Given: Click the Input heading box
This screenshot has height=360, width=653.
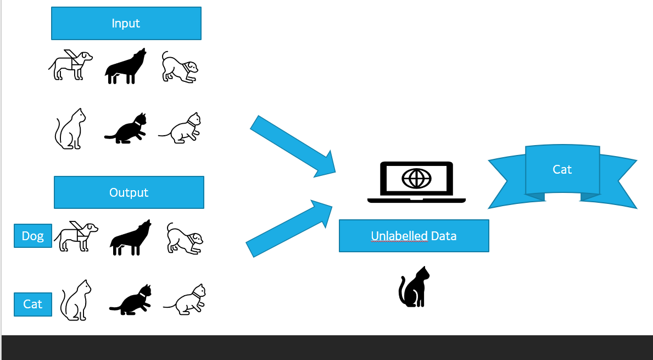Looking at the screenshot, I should coord(126,23).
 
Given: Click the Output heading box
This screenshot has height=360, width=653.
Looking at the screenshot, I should coord(129,192).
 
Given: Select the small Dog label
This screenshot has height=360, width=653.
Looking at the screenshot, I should coord(33,236).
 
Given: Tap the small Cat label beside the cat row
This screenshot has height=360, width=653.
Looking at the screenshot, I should coord(33,304).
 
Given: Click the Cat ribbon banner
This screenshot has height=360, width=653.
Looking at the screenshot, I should coord(562,170).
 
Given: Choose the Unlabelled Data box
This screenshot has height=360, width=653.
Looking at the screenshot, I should coord(414,236).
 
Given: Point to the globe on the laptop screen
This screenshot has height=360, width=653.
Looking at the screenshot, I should coord(416,179).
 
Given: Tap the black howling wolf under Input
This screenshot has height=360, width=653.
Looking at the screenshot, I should coord(126,67).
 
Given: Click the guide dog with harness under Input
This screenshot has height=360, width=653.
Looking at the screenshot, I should coord(70,65).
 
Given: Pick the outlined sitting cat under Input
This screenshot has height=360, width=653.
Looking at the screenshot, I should coord(70,129).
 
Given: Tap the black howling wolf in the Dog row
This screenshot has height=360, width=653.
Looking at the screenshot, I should coord(131,239).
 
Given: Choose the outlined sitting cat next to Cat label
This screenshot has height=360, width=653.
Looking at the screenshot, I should coord(75,301).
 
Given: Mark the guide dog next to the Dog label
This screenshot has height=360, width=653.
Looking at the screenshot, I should coord(76,236).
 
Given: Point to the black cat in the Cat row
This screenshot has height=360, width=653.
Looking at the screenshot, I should coord(131,301).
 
